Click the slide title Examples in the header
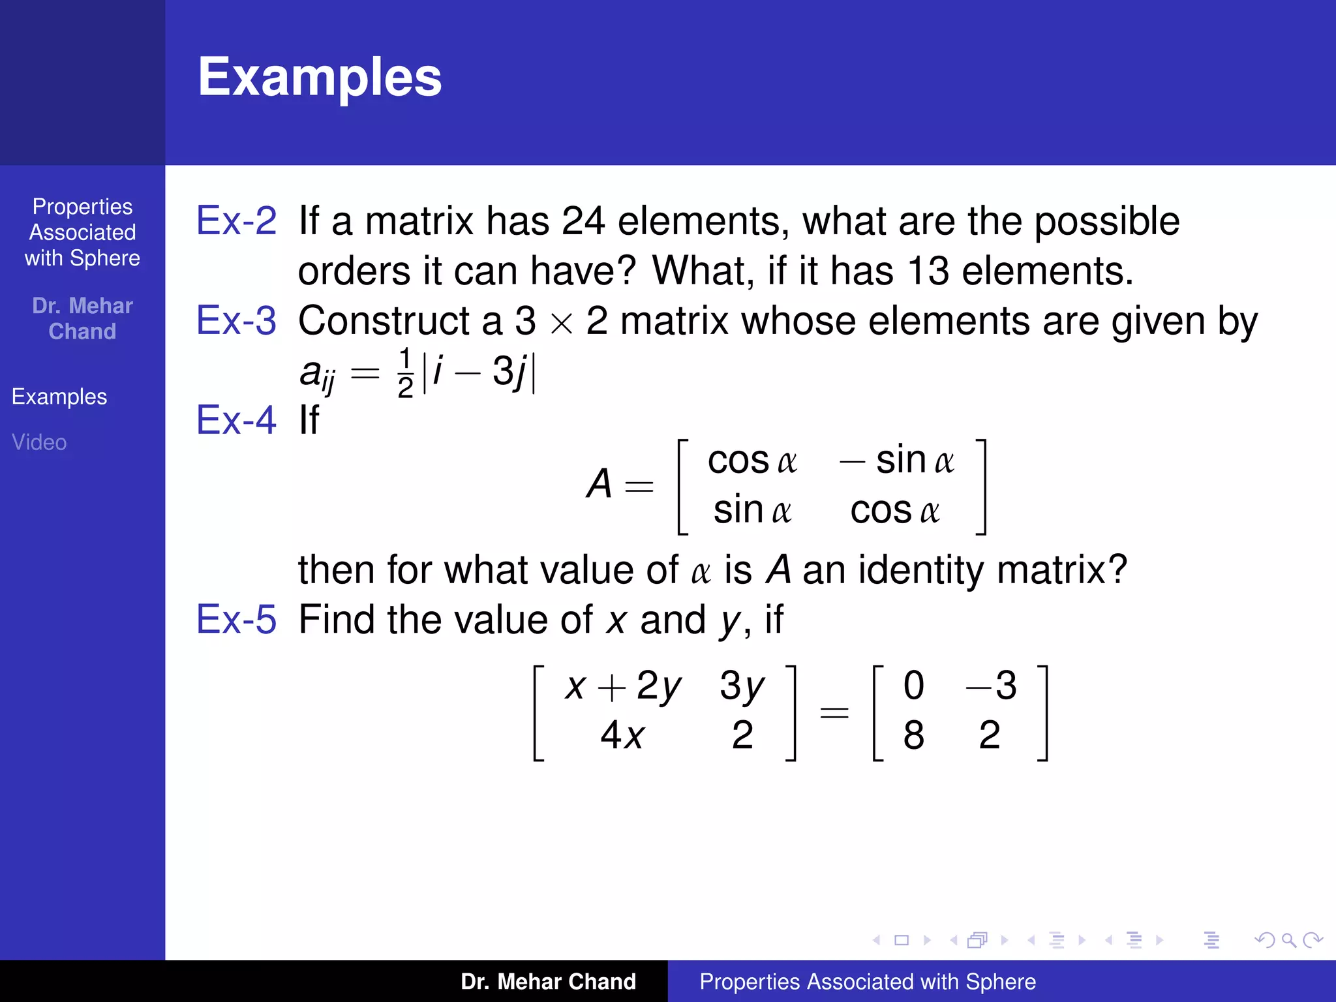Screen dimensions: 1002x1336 (320, 77)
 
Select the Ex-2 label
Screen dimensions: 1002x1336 (237, 220)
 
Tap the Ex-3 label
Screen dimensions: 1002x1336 (237, 320)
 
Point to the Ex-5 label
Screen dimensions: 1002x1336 (237, 619)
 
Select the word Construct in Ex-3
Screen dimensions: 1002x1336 (384, 320)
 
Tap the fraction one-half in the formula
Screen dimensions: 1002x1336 (405, 373)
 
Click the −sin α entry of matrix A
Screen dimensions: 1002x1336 (897, 461)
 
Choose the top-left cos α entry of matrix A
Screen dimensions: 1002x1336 (751, 461)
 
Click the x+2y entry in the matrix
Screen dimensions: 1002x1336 (623, 686)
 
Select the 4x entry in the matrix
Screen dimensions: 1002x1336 (622, 736)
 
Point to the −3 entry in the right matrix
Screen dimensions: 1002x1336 (991, 686)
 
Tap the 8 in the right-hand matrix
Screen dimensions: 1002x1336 (913, 736)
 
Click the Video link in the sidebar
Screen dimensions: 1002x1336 (39, 442)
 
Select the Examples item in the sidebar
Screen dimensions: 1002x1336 (59, 397)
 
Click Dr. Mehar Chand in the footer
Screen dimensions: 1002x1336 (548, 982)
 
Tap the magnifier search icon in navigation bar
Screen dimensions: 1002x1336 (1288, 940)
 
